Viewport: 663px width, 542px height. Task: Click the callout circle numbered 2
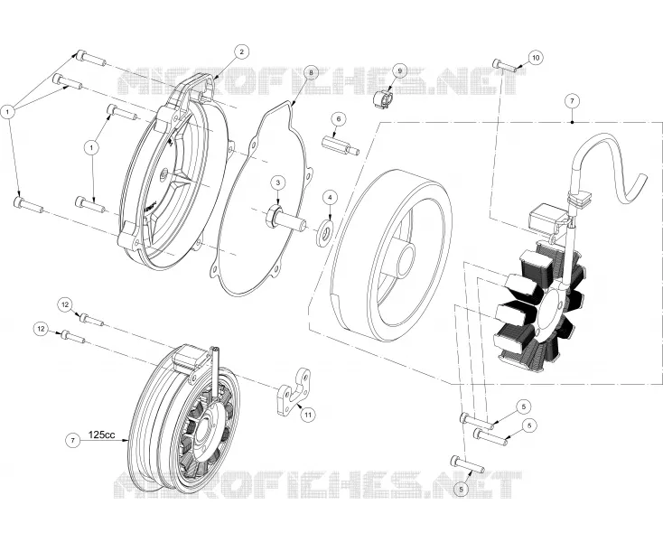(x=241, y=52)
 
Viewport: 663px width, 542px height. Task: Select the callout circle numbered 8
(x=312, y=72)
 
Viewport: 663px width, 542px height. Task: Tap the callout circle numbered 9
(x=399, y=71)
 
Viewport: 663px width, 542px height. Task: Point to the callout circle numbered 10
(x=536, y=58)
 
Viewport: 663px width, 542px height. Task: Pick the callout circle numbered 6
(x=338, y=119)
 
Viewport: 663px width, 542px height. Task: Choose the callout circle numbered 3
(x=278, y=182)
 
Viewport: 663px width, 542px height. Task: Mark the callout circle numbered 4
(x=331, y=197)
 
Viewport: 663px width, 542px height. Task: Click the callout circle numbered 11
(x=308, y=415)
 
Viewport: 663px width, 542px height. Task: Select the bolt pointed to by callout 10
(x=505, y=66)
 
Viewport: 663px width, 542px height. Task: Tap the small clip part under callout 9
(x=383, y=99)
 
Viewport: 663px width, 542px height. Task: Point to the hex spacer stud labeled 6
(x=341, y=145)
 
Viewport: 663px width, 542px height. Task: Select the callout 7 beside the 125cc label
(x=73, y=441)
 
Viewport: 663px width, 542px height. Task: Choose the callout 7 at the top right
(x=572, y=101)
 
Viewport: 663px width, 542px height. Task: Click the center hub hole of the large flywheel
(x=406, y=257)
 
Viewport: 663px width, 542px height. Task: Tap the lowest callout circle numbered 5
(x=461, y=489)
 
